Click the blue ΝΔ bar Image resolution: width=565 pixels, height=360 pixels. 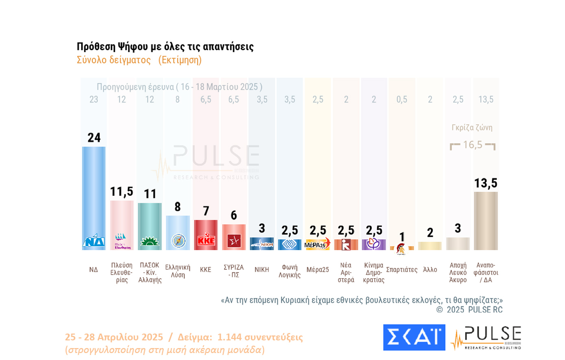tap(93, 191)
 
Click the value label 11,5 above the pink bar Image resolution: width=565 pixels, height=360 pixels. tap(122, 192)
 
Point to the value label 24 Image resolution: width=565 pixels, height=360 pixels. tap(94, 138)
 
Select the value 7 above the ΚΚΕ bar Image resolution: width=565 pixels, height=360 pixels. tap(206, 211)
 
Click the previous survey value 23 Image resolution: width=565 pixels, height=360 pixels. tap(93, 100)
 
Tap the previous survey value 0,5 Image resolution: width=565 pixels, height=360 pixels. tap(402, 100)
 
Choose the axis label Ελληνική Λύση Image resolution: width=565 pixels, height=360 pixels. tap(178, 271)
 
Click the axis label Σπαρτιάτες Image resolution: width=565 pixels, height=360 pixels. tap(402, 270)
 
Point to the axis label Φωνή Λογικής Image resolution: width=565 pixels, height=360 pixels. tap(289, 271)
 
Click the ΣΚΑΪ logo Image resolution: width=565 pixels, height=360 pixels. tap(414, 337)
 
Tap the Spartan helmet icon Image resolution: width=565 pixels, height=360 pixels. tap(401, 249)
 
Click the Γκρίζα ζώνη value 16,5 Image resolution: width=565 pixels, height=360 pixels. tap(472, 145)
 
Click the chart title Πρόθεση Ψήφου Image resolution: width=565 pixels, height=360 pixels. tap(165, 47)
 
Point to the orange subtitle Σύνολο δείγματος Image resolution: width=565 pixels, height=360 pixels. tap(113, 60)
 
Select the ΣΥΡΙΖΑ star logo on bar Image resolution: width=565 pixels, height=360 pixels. tap(234, 241)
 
